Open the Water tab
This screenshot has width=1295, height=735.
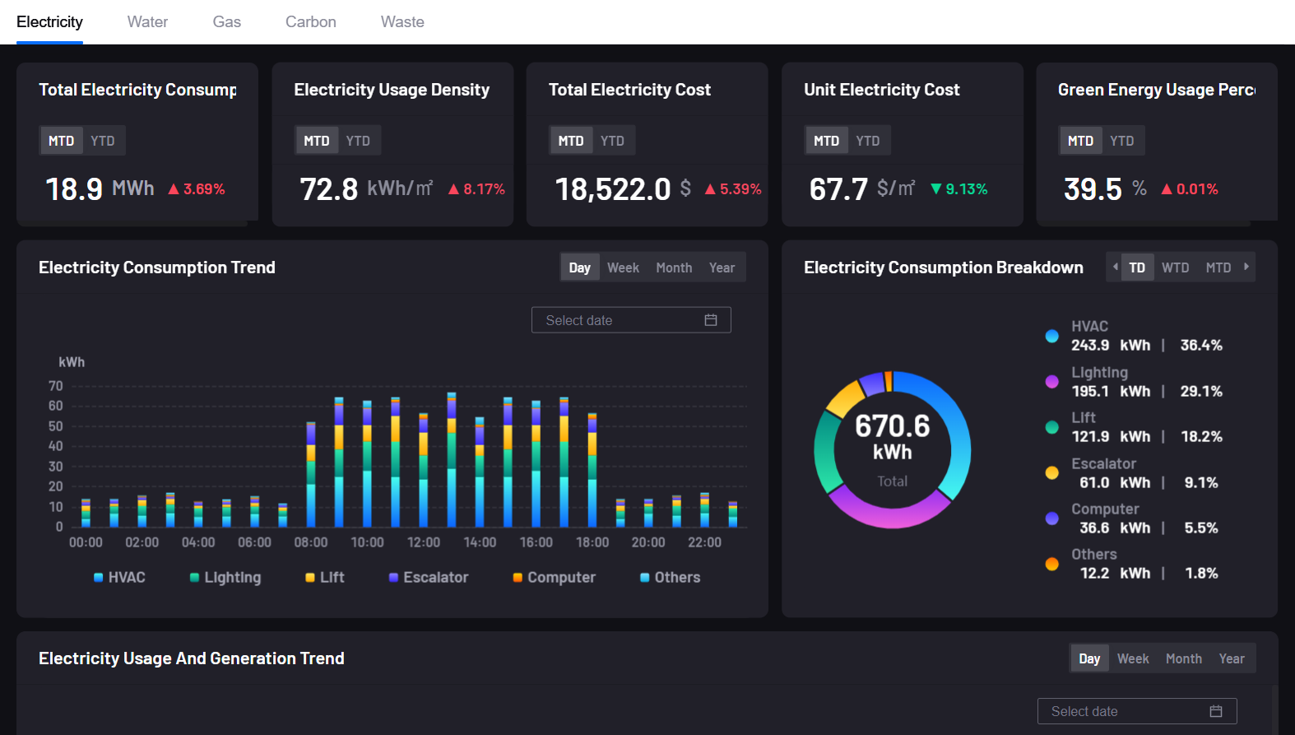[x=147, y=22]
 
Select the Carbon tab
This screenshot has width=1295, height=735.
[x=310, y=22]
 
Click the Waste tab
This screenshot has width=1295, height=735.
[x=402, y=22]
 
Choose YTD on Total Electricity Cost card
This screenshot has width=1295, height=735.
[x=612, y=141]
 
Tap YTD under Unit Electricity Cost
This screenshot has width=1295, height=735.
[x=867, y=141]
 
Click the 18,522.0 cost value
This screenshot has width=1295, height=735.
[x=613, y=189]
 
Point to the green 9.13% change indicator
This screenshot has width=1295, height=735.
[x=959, y=189]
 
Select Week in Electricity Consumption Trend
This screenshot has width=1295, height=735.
[x=623, y=267]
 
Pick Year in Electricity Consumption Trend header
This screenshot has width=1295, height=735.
[x=722, y=267]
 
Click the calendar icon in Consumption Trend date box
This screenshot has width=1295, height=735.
[x=711, y=320]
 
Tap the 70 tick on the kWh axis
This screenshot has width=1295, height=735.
[x=56, y=386]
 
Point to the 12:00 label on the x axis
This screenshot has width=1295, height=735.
[x=424, y=542]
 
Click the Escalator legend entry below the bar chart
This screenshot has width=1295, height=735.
[x=429, y=578]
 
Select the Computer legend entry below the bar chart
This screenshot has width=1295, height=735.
[x=554, y=578]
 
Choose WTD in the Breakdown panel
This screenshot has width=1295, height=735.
[x=1175, y=267]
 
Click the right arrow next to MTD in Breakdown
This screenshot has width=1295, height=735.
[x=1246, y=267]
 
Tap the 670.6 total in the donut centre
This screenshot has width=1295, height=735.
[x=892, y=426]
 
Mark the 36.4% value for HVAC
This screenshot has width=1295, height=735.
[x=1201, y=346]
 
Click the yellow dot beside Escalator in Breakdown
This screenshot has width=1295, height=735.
[x=1051, y=472]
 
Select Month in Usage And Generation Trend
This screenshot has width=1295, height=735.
[x=1183, y=658]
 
